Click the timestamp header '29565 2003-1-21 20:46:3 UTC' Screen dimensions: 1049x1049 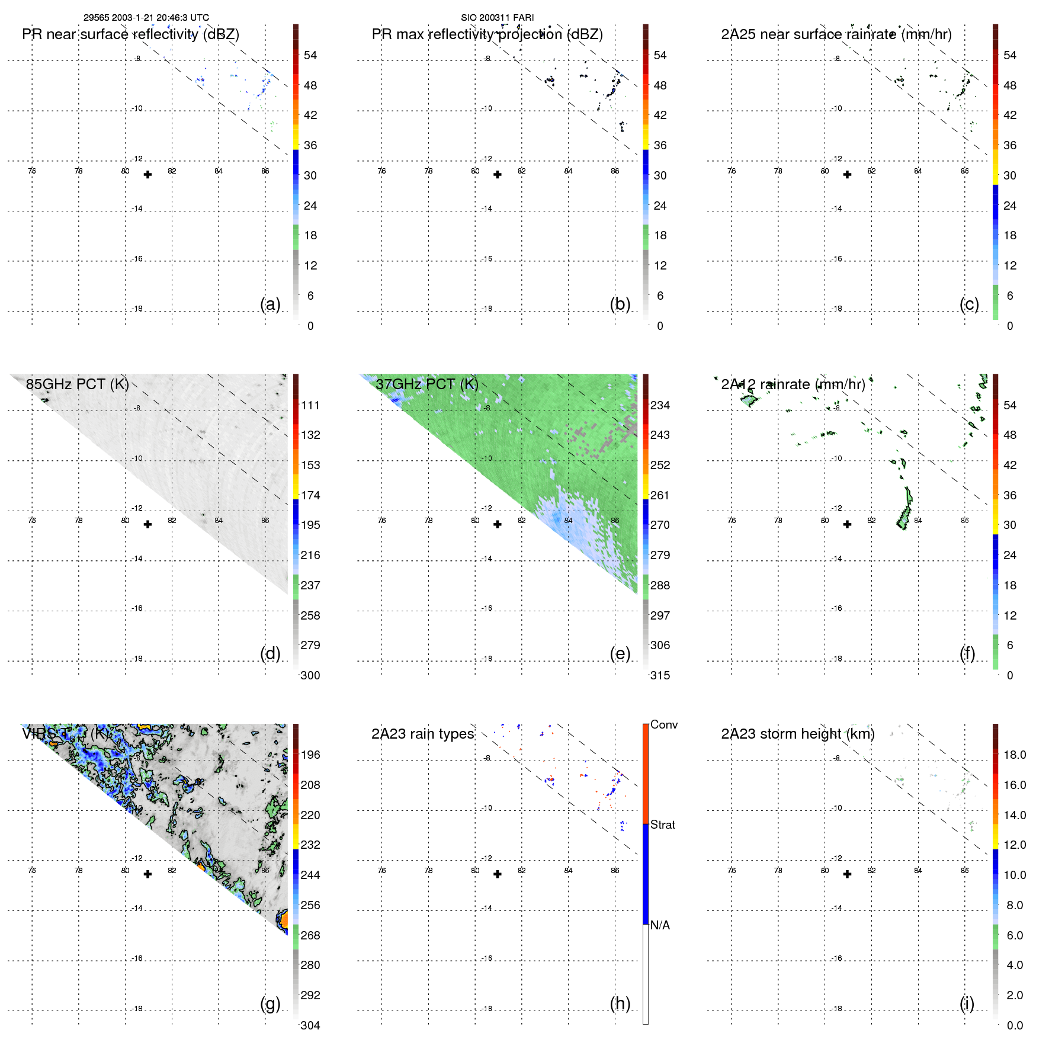(146, 18)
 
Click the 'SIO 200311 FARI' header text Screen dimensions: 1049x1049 (497, 18)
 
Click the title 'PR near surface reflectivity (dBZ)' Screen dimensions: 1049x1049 (130, 34)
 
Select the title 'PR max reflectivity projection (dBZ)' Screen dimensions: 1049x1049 (487, 34)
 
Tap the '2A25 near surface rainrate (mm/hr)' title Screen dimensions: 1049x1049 (836, 34)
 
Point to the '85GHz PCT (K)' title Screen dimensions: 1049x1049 (77, 384)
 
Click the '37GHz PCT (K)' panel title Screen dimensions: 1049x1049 (426, 384)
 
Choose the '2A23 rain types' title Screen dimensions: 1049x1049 (422, 734)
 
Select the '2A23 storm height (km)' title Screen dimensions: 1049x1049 (797, 734)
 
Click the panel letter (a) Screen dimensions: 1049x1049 (270, 304)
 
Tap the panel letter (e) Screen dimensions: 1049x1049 (620, 653)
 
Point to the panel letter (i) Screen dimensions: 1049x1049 (967, 1003)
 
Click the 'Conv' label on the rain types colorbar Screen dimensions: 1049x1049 (663, 724)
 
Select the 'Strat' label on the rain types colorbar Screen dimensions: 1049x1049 (662, 825)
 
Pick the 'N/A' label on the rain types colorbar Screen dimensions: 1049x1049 (660, 925)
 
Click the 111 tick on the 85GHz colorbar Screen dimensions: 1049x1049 (310, 405)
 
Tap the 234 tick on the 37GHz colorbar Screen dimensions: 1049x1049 (660, 405)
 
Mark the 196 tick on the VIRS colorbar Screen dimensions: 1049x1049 (310, 755)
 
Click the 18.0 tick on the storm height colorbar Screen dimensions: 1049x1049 (1014, 755)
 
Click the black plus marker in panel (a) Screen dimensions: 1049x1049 (147, 175)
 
